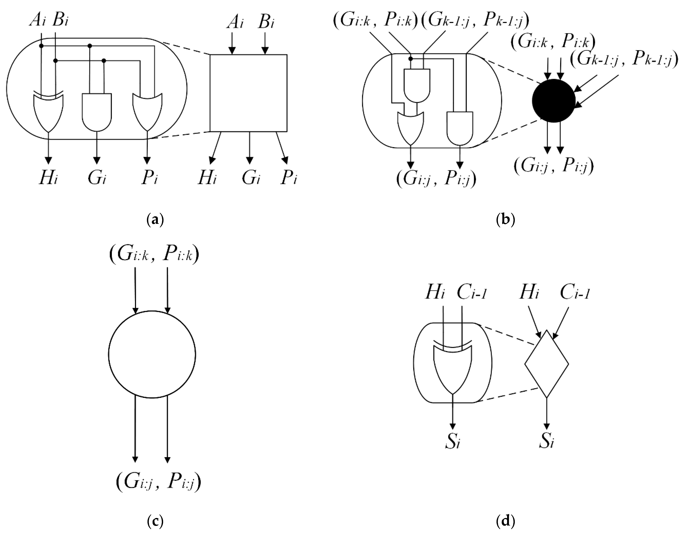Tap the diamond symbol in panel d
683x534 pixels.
click(546, 364)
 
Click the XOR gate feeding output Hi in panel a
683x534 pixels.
click(48, 111)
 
